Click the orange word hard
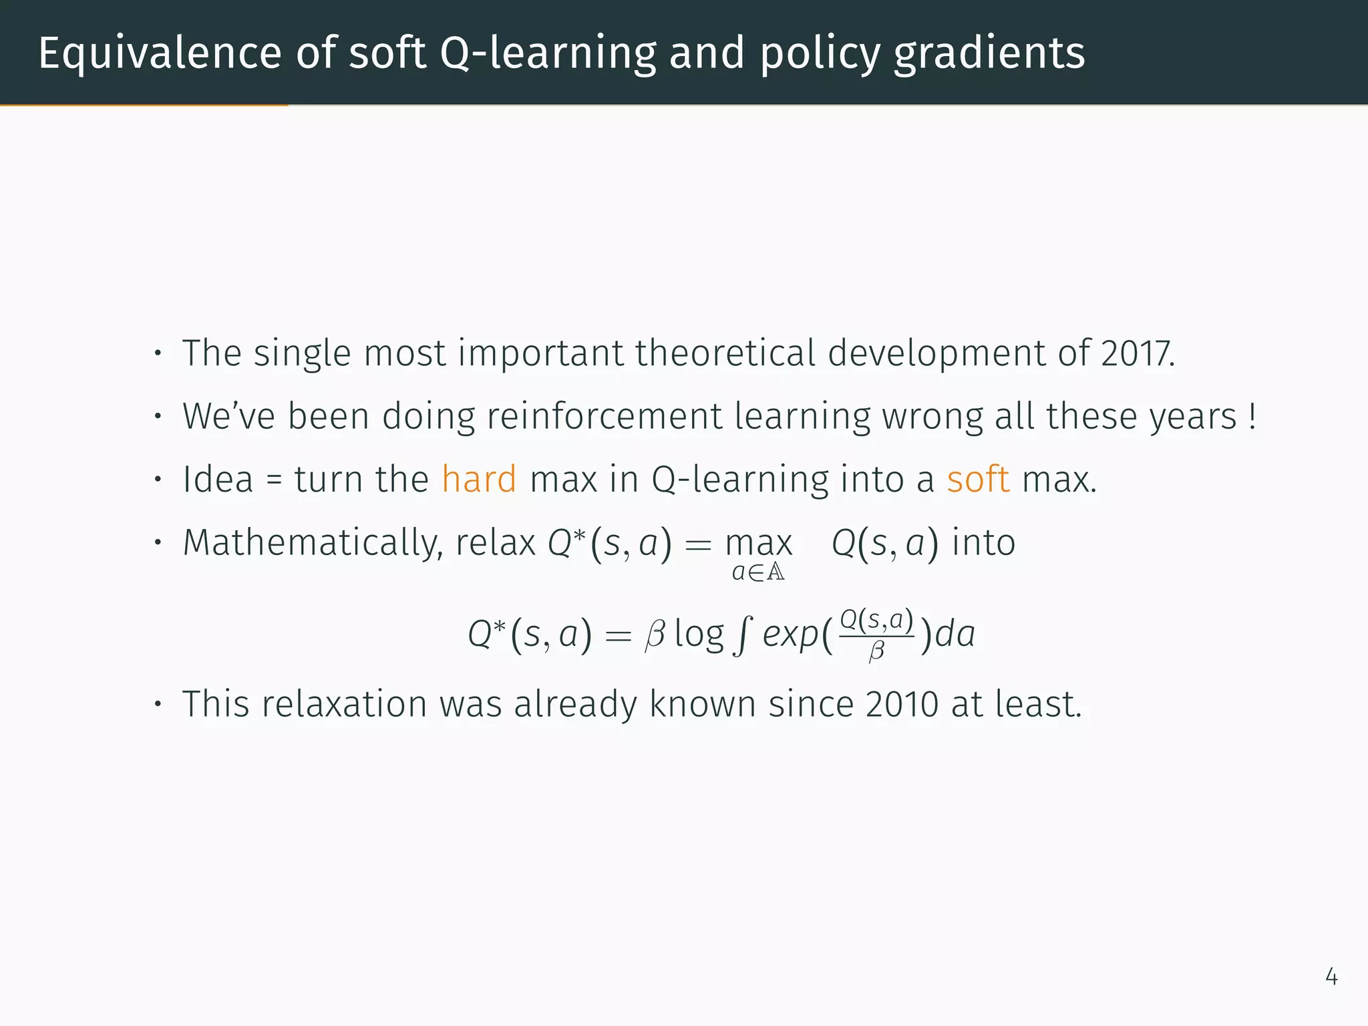[479, 479]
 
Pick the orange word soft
[978, 479]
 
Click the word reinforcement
[605, 416]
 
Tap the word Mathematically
[313, 542]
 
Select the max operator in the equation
[759, 543]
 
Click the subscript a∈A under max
[758, 572]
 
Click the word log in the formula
[699, 635]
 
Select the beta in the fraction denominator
[876, 651]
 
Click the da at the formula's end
[955, 635]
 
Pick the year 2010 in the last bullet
[902, 704]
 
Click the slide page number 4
[1331, 977]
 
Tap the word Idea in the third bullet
[218, 479]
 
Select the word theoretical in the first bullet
[725, 353]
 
